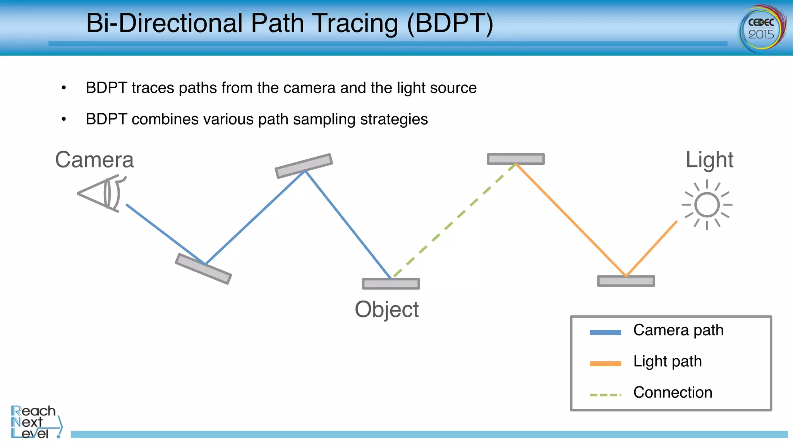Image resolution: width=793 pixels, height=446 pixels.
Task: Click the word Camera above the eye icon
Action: click(x=94, y=160)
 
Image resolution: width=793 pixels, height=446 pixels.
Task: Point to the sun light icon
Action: click(x=707, y=205)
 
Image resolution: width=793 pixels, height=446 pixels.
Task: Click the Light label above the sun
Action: click(x=709, y=160)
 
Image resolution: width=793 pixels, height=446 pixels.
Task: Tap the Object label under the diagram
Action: click(x=386, y=309)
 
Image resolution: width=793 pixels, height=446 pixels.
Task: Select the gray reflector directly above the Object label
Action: click(x=391, y=284)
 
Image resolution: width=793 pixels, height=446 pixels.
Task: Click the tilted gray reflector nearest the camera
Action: click(x=203, y=269)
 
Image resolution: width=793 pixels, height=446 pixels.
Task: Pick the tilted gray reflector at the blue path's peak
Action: click(x=304, y=166)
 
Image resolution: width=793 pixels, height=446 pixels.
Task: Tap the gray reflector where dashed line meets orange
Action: click(x=516, y=159)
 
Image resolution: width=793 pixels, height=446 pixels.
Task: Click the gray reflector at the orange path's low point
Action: click(x=626, y=281)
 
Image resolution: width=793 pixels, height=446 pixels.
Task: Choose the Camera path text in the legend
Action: click(x=678, y=330)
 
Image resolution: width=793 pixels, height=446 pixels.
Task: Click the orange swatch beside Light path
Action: click(x=605, y=364)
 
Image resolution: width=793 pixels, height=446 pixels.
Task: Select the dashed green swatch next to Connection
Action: click(x=605, y=395)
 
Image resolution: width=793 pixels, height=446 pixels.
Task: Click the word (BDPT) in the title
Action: click(x=450, y=23)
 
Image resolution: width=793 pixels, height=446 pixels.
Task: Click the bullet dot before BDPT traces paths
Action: click(x=64, y=88)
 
